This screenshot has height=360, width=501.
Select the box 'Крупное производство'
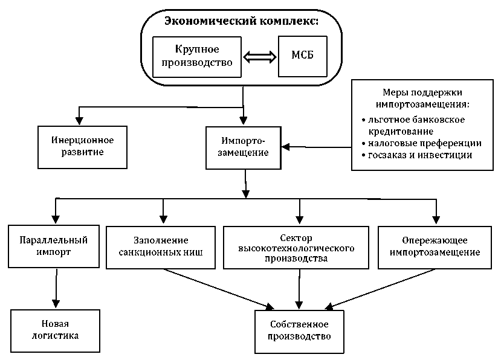click(196, 56)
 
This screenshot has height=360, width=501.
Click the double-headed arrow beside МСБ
click(259, 57)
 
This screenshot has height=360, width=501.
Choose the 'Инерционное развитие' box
click(82, 146)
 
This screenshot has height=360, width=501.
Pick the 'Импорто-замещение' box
click(245, 147)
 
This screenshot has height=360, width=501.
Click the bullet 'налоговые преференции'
click(424, 143)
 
